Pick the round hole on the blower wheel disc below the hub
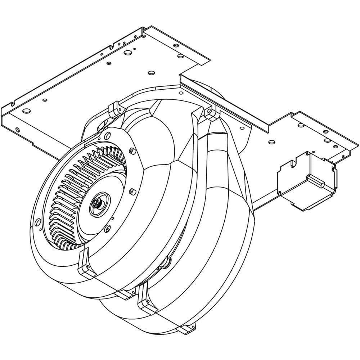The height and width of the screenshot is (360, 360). tap(107, 228)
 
